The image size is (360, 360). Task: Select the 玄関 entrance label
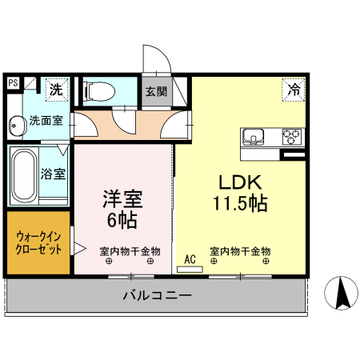(x=156, y=92)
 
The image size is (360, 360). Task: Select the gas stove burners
(x=290, y=136)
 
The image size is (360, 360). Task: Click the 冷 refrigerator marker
(x=293, y=90)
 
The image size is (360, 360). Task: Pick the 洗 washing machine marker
(x=56, y=90)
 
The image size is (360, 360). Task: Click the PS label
(x=13, y=82)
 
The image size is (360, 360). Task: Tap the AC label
(x=190, y=258)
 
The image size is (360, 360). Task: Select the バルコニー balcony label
(x=157, y=295)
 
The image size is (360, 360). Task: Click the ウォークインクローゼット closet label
(x=38, y=242)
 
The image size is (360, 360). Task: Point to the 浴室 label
(x=54, y=173)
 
